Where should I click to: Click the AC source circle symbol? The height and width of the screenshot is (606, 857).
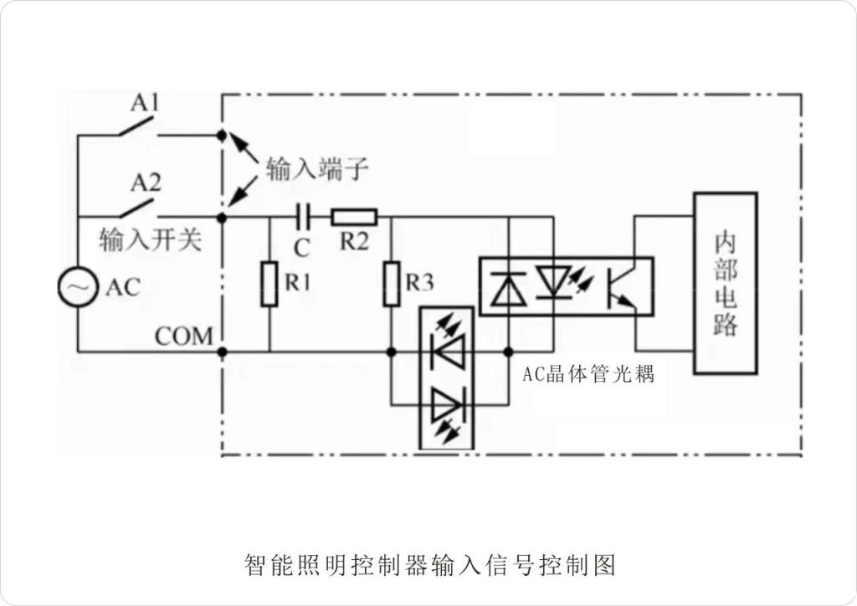pyautogui.click(x=76, y=286)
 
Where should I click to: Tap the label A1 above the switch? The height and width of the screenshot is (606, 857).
pyautogui.click(x=145, y=104)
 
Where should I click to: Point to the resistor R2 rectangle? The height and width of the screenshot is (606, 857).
pyautogui.click(x=354, y=218)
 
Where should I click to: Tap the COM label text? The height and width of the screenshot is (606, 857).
pyautogui.click(x=184, y=336)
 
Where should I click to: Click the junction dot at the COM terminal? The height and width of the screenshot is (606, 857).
pyautogui.click(x=222, y=352)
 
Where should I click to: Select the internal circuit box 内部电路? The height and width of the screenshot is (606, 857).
pyautogui.click(x=725, y=283)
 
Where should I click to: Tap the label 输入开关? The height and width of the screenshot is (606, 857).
pyautogui.click(x=151, y=241)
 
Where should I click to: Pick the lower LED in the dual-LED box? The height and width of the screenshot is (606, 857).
pyautogui.click(x=447, y=408)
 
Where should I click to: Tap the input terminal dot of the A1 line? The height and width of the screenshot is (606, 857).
pyautogui.click(x=222, y=135)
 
